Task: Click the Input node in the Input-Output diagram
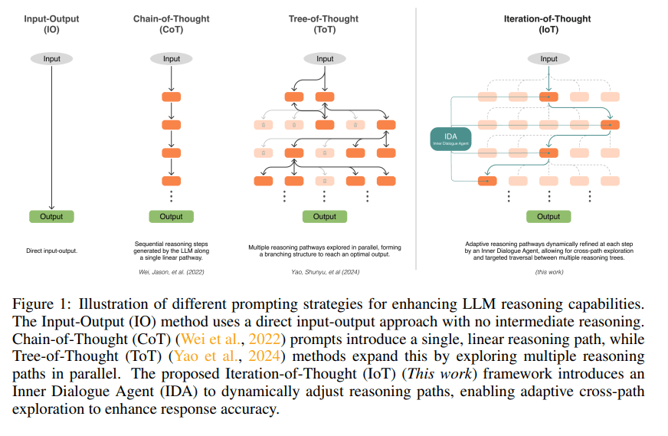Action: (x=51, y=59)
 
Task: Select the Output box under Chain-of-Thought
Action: (x=171, y=217)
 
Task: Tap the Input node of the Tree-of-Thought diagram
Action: (x=325, y=59)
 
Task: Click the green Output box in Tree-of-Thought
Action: (x=325, y=217)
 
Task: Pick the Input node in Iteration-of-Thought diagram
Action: (x=549, y=59)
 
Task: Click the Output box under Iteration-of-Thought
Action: (x=548, y=217)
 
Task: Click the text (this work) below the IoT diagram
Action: (x=548, y=272)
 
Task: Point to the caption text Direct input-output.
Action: (x=51, y=251)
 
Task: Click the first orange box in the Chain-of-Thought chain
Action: (x=172, y=97)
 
